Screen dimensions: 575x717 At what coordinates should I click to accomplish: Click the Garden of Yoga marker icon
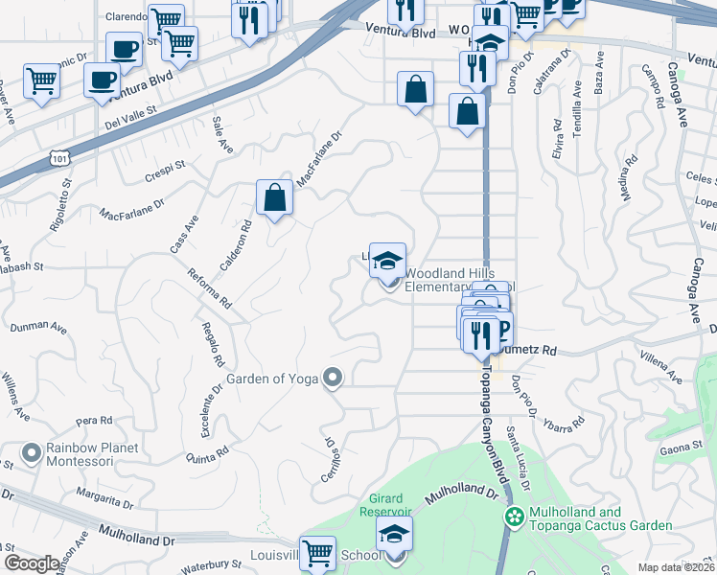click(333, 378)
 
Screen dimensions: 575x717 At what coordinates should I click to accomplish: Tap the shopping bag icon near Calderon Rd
click(274, 198)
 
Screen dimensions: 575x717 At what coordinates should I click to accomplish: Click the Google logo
click(33, 563)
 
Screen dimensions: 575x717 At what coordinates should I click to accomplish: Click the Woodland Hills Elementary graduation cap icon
click(387, 260)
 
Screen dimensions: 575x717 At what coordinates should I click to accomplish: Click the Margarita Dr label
click(105, 501)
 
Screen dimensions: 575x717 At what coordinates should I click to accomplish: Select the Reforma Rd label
click(210, 287)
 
